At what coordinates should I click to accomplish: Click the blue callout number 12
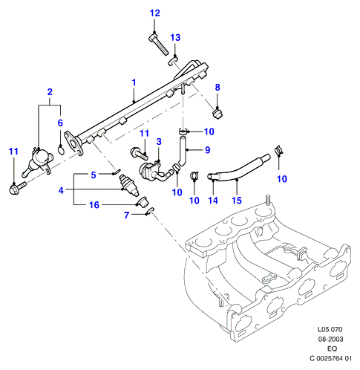155,13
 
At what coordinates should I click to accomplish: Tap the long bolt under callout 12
159,45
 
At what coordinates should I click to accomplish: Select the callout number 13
175,38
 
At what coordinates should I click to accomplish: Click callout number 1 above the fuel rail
134,82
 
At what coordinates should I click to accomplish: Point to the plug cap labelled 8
217,114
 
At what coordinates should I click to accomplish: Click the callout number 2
50,92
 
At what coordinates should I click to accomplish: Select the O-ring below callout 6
62,150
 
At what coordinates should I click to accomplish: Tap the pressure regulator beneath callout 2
39,163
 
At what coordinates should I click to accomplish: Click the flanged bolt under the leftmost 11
17,188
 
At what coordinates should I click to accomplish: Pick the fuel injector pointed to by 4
129,185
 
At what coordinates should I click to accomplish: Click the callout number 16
94,205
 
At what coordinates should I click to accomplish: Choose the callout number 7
126,215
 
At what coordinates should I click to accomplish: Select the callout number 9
207,149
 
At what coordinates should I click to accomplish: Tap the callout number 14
213,201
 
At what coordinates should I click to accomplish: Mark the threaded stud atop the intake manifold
268,199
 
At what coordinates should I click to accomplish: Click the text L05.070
330,330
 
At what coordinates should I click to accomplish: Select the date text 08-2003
330,339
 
